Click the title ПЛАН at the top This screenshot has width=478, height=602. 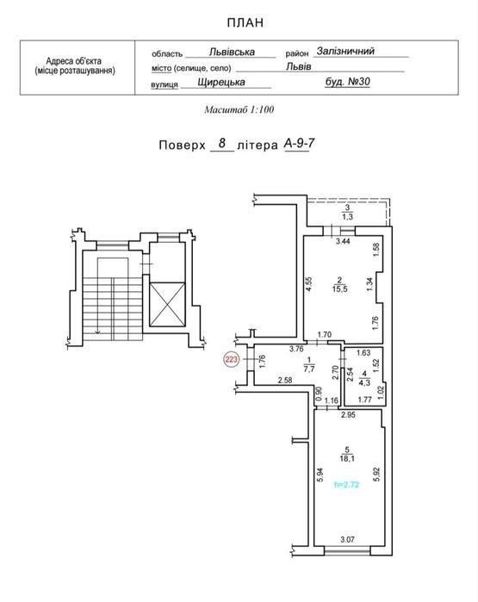[x=245, y=23]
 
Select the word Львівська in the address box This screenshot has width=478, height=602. [x=232, y=52]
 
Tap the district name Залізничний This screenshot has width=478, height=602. [x=345, y=51]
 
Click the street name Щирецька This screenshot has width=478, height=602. [x=221, y=82]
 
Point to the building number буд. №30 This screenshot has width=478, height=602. [x=347, y=82]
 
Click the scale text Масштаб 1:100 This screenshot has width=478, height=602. [x=239, y=109]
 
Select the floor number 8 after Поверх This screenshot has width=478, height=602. [x=222, y=144]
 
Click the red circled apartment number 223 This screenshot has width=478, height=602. [x=232, y=360]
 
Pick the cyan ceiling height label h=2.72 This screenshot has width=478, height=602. [x=347, y=485]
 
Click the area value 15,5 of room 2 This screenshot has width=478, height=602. [x=340, y=289]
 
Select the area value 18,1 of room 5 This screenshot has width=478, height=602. [x=347, y=458]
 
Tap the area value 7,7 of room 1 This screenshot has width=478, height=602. [x=309, y=369]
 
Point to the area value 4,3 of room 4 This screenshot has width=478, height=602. [x=364, y=382]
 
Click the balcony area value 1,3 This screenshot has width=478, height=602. [x=347, y=217]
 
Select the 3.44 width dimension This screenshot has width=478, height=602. [x=343, y=241]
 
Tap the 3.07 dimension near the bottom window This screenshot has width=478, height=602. [x=347, y=539]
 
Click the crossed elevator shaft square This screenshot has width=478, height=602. [x=167, y=305]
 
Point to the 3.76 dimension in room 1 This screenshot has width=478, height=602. [x=296, y=349]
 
